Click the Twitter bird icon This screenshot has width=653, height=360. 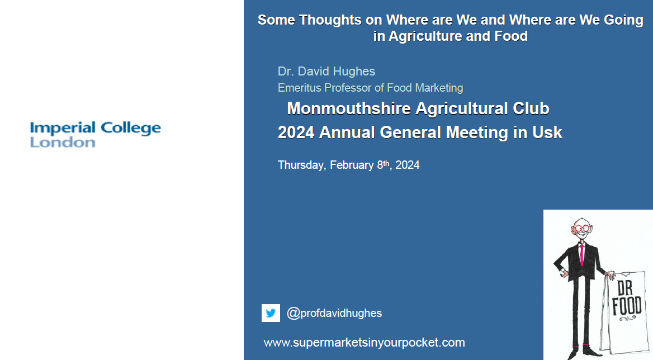(x=271, y=313)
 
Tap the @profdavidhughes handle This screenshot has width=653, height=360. (x=334, y=313)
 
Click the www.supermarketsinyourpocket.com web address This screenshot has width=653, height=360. (x=364, y=343)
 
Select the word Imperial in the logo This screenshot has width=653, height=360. (x=63, y=128)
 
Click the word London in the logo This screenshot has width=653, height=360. (x=63, y=143)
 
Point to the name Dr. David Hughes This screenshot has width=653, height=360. (x=326, y=71)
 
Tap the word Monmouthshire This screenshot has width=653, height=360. (x=349, y=108)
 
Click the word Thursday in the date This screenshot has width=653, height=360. (x=301, y=165)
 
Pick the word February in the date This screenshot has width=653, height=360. (x=352, y=165)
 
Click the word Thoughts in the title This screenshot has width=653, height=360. (x=330, y=20)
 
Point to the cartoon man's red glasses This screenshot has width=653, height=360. (x=582, y=228)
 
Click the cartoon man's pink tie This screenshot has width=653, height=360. (x=581, y=255)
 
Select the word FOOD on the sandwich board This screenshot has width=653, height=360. (x=627, y=306)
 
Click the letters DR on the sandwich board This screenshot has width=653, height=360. (x=624, y=287)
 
